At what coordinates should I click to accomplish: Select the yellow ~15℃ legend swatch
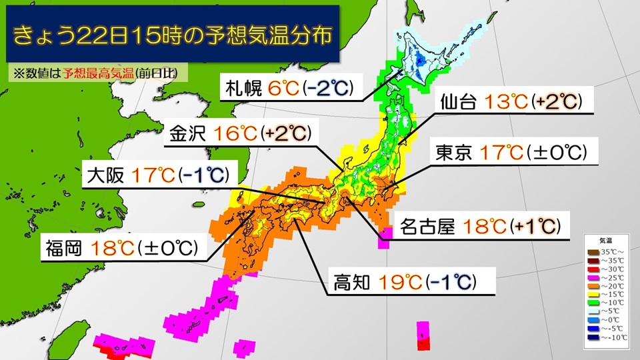pos(592,293)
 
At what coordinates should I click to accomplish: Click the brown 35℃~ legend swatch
pos(592,251)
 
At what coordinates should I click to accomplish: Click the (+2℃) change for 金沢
pos(287,132)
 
